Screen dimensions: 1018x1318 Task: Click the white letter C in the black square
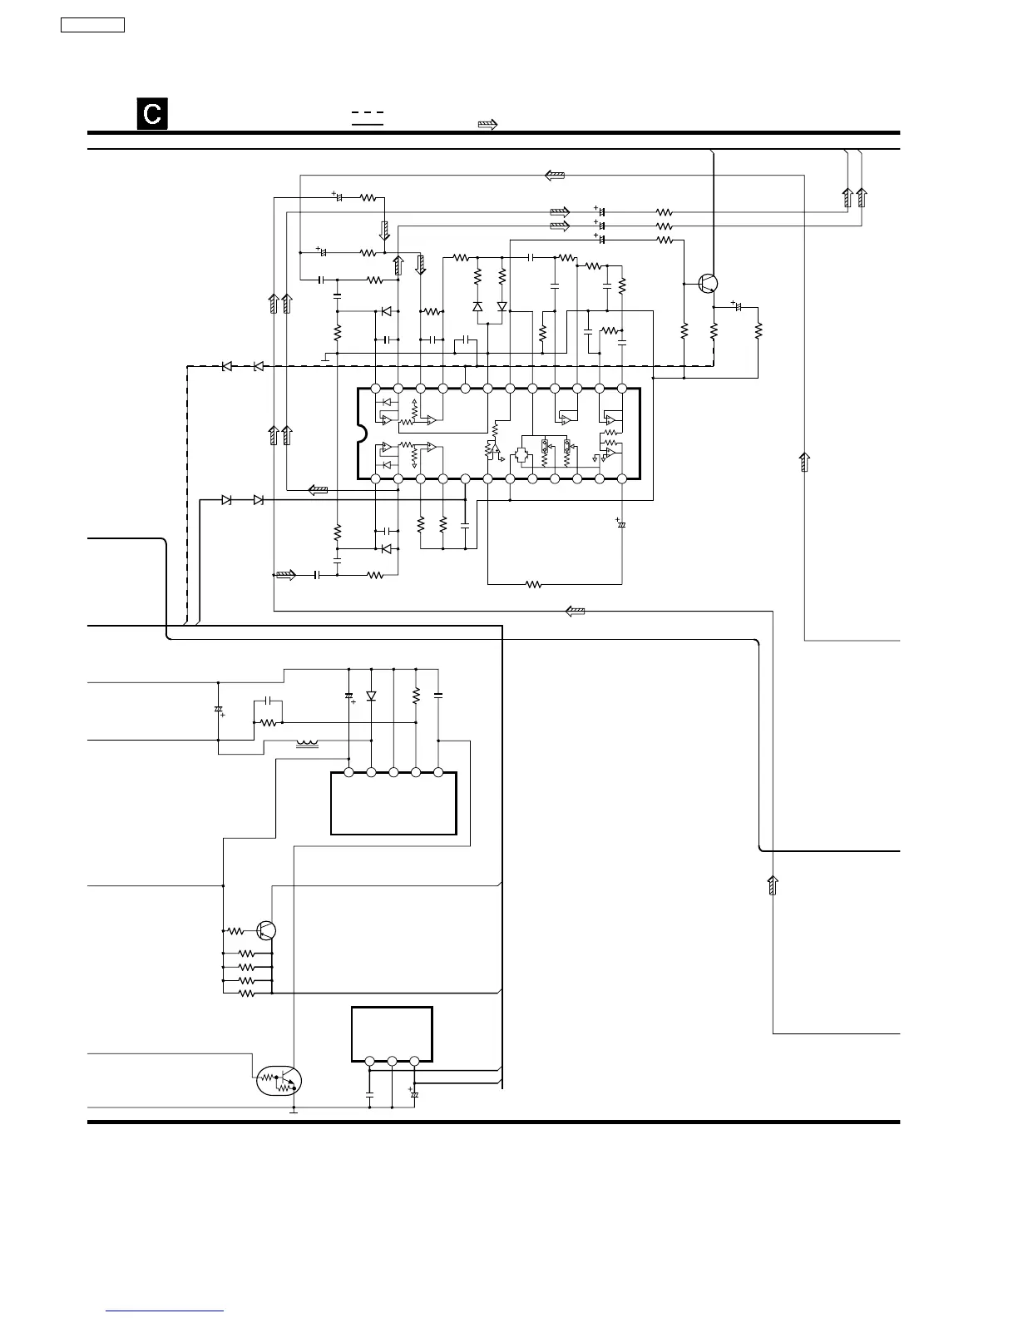[152, 113]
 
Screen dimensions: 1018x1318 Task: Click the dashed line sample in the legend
[368, 112]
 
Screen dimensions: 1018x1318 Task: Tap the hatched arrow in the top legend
[487, 124]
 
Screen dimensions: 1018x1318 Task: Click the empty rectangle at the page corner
[93, 25]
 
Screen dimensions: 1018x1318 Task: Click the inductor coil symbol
[308, 743]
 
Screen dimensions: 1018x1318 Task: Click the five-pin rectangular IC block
[393, 803]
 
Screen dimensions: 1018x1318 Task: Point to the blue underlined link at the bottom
[165, 1311]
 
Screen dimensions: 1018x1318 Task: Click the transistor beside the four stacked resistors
[266, 930]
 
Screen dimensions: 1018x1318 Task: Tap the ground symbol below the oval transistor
[294, 1111]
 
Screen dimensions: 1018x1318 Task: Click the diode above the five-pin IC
[371, 696]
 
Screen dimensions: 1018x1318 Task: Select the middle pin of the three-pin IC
[392, 1061]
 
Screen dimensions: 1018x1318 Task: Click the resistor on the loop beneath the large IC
[534, 585]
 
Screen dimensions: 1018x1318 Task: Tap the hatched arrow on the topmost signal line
[555, 176]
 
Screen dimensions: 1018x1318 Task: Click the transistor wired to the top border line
[708, 283]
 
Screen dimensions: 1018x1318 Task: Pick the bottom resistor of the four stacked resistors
[246, 993]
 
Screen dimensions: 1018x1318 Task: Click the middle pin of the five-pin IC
[393, 772]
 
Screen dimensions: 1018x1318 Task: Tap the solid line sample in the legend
[368, 125]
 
